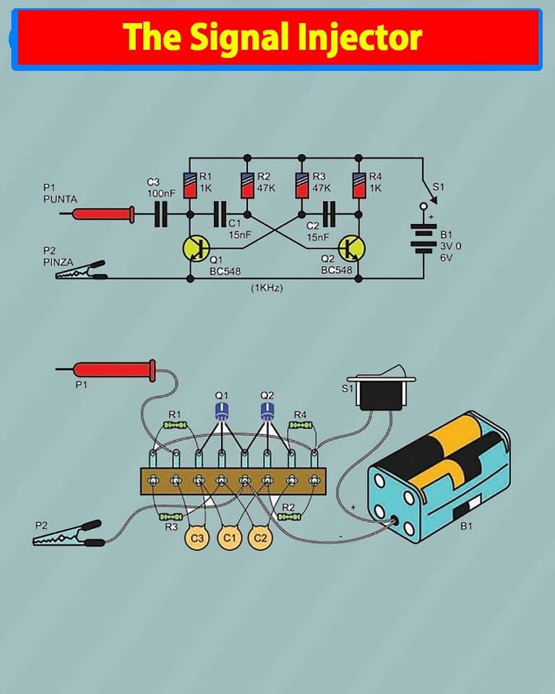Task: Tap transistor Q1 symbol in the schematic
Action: coord(194,248)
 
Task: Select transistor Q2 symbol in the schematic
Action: coord(352,248)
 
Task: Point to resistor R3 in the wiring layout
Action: coord(170,518)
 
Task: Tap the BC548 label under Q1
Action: coord(225,270)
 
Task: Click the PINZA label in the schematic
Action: coord(57,262)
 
